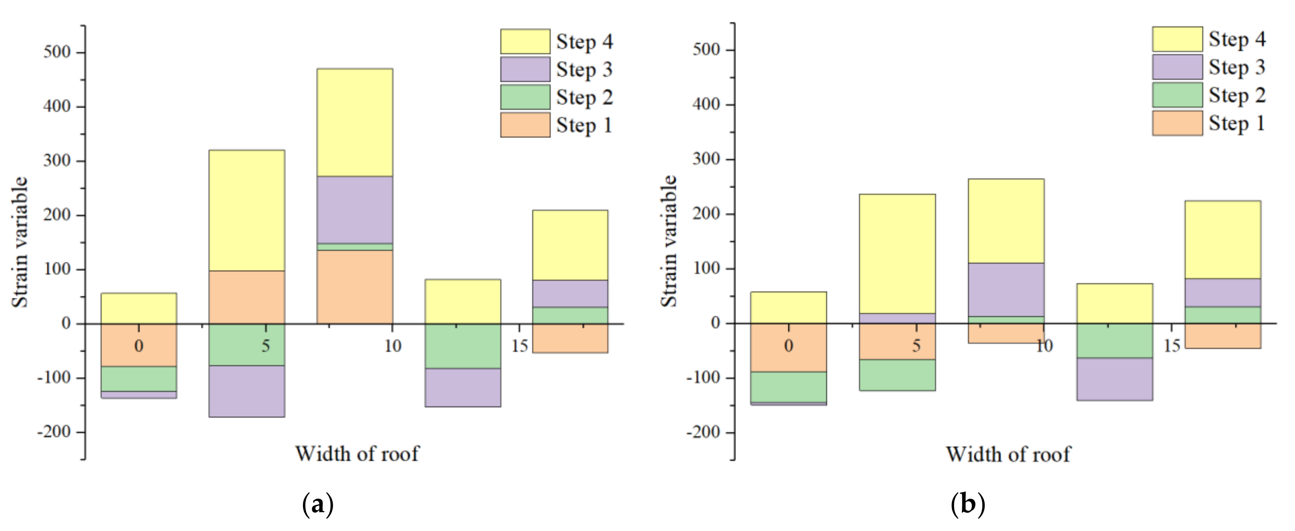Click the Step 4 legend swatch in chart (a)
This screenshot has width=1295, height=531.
tap(525, 41)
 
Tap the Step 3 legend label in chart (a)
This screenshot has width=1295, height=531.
tap(584, 69)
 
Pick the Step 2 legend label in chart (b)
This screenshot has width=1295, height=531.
tap(1237, 96)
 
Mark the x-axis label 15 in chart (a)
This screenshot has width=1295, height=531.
tap(519, 346)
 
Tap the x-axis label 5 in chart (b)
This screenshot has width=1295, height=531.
tap(916, 346)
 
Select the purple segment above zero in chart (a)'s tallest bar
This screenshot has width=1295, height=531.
tap(354, 210)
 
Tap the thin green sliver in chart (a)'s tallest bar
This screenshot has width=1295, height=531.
tap(354, 247)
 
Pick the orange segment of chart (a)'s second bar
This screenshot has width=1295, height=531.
tap(246, 297)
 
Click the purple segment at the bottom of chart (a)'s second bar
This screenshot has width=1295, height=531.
tap(246, 391)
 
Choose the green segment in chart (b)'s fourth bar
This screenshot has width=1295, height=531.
tap(1115, 340)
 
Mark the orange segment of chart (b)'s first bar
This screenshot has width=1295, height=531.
tap(788, 347)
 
